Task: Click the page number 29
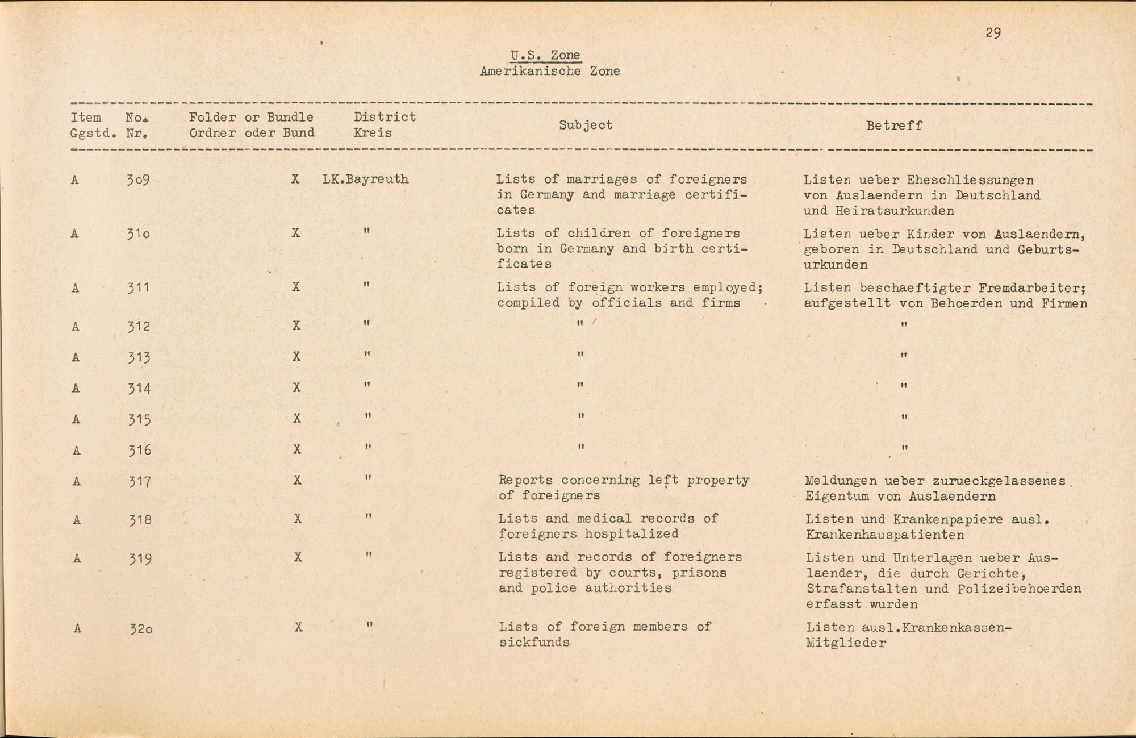[x=993, y=33]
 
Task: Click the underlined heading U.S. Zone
[x=545, y=55]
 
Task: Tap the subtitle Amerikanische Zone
[x=549, y=72]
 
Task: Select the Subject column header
[x=586, y=125]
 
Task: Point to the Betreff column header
[x=894, y=126]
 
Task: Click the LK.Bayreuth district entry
[x=365, y=180]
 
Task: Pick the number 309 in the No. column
[x=138, y=180]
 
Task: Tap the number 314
[x=139, y=389]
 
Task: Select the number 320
[x=140, y=629]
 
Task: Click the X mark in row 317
[x=297, y=481]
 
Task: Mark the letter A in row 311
[x=75, y=288]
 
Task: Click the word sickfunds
[x=534, y=643]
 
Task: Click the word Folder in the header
[x=212, y=118]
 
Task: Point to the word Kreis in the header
[x=373, y=134]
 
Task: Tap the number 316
[x=139, y=451]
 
